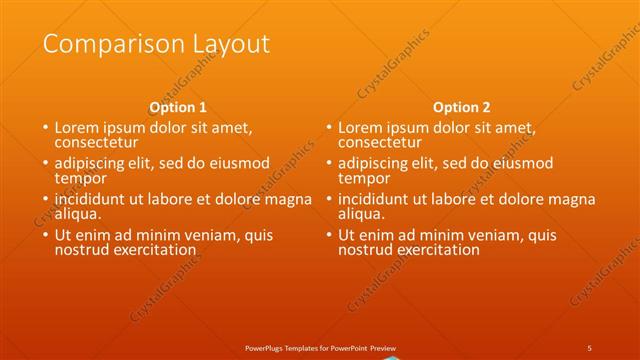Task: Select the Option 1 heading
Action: (178, 106)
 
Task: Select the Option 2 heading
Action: (462, 106)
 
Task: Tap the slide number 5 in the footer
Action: (590, 347)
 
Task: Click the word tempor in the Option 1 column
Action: (78, 178)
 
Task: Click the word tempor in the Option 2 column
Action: (362, 178)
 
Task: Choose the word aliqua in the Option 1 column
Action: (78, 213)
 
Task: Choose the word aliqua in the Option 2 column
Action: (362, 213)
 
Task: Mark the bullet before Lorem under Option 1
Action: (45, 128)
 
